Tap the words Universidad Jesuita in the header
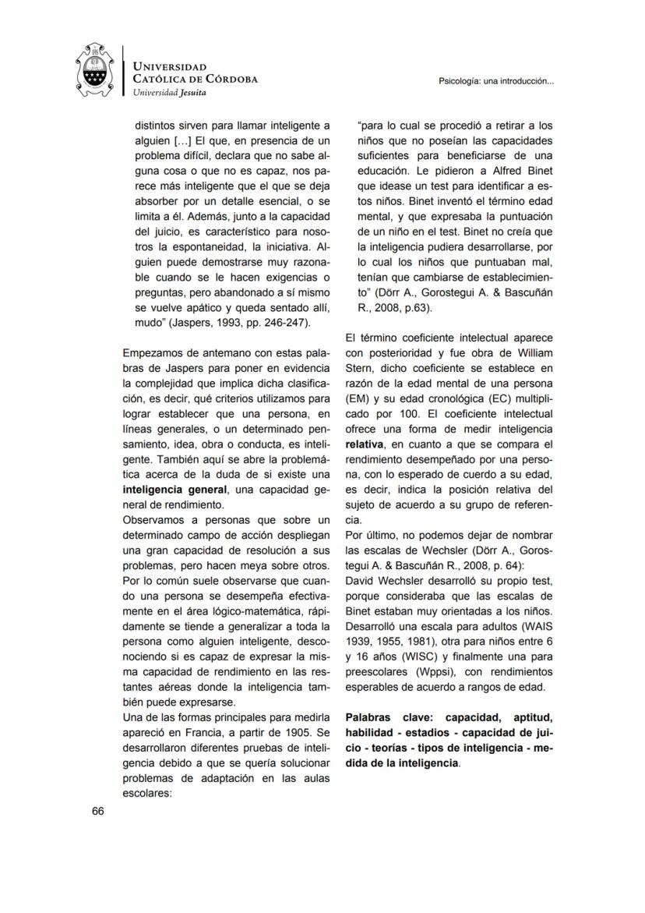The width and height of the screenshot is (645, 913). coord(168,92)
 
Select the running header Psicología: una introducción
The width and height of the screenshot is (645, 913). coord(497,81)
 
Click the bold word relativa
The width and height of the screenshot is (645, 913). coord(369,444)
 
